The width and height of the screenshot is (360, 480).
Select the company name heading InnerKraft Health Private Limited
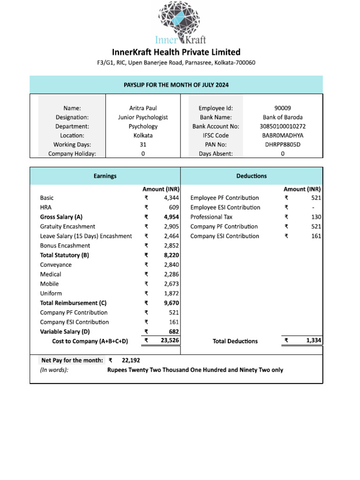[176, 52]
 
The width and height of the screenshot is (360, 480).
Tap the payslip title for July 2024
[176, 85]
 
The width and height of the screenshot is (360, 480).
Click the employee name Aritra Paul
[143, 108]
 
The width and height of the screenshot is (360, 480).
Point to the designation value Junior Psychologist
[143, 117]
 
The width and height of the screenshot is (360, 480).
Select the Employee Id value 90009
[282, 108]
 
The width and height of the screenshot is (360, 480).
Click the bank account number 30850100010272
[282, 126]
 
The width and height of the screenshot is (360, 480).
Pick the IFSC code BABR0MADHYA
[282, 135]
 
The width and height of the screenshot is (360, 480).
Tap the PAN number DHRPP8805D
[282, 144]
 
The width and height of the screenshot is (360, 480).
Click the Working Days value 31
[143, 144]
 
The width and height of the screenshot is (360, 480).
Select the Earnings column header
[105, 176]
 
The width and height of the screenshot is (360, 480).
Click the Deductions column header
[252, 176]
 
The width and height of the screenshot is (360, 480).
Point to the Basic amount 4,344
[172, 198]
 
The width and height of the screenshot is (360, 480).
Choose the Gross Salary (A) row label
[61, 217]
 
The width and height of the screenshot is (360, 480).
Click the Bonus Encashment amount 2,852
[172, 246]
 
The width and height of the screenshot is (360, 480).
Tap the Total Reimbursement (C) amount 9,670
[172, 303]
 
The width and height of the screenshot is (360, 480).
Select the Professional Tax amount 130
[316, 217]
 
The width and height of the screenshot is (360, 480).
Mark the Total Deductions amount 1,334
[314, 341]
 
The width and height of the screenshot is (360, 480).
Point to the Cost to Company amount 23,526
[170, 341]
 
